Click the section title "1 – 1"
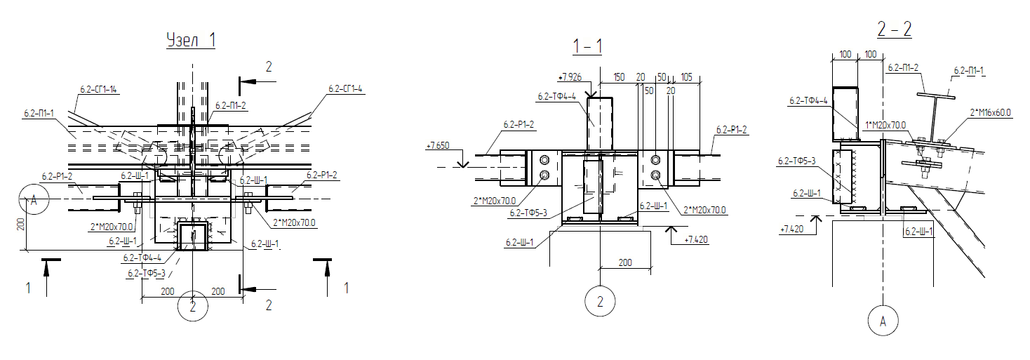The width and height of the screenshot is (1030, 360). click(587, 46)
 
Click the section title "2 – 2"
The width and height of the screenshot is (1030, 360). click(894, 29)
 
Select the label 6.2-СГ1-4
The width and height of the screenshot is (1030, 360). click(345, 88)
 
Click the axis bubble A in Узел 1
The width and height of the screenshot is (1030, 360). click(34, 199)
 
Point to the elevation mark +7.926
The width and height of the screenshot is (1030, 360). click(570, 77)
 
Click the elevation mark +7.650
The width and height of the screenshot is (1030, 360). click(437, 146)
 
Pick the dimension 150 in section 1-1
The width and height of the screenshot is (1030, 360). click(619, 76)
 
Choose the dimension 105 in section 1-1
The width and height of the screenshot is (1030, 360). click(686, 76)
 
